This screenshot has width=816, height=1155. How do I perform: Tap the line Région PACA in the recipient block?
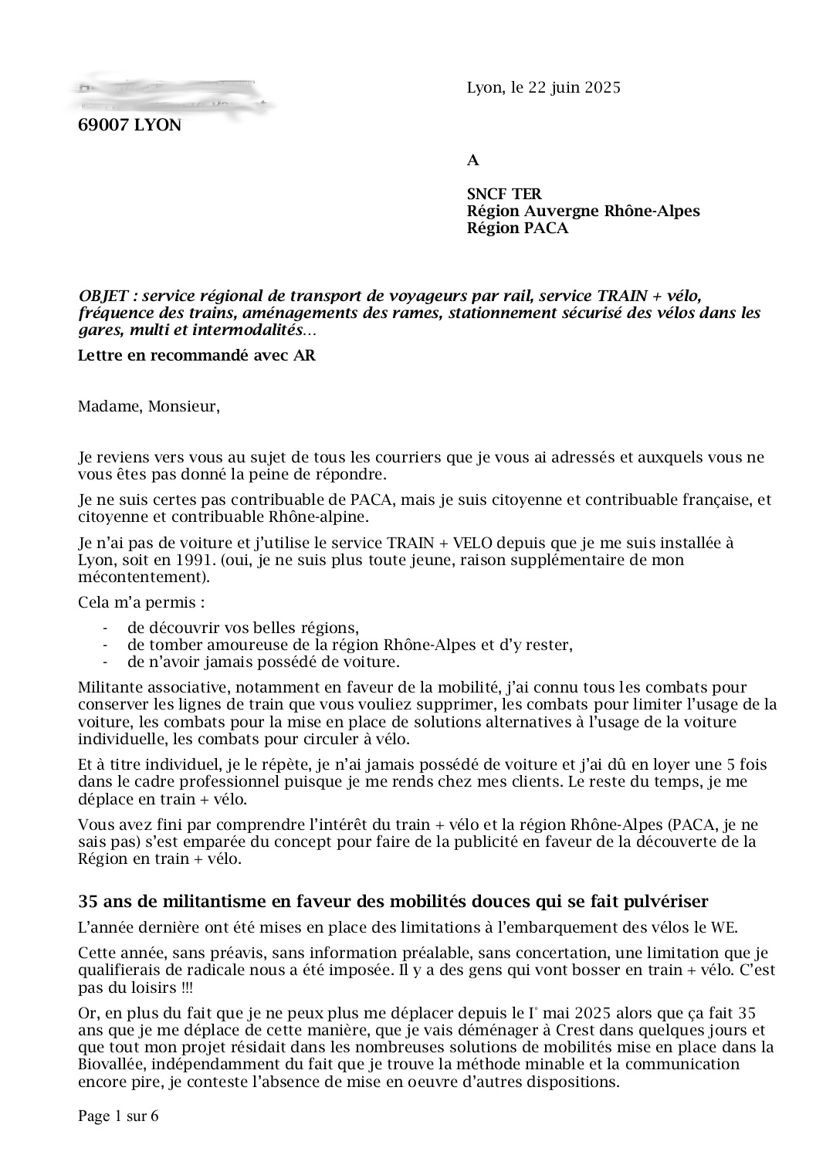pos(517,228)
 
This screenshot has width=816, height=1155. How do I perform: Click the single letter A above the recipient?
pos(473,161)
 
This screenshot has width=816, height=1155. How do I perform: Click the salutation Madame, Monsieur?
pos(149,406)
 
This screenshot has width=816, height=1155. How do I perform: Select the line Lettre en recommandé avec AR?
pos(197,355)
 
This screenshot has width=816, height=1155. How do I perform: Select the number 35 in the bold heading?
pos(87,901)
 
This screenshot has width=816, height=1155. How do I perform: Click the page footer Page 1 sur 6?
pos(118,1116)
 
